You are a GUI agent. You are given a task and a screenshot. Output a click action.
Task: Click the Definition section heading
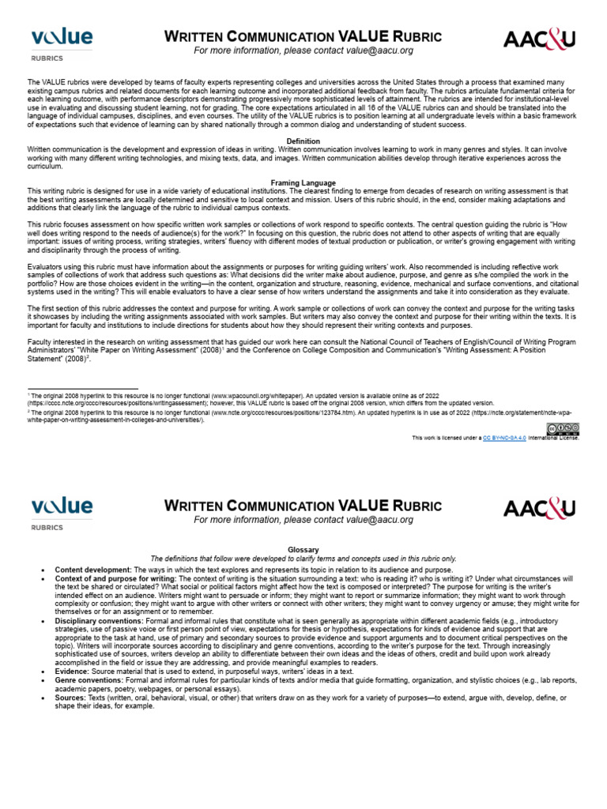tap(303, 141)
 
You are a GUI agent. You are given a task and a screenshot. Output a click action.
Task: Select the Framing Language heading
tap(303, 183)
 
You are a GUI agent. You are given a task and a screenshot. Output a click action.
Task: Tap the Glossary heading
tap(303, 549)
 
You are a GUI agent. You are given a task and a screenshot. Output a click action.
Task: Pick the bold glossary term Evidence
tap(71, 671)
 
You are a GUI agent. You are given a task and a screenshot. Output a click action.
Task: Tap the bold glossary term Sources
tap(70, 698)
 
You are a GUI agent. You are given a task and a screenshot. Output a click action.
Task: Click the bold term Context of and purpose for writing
tap(115, 579)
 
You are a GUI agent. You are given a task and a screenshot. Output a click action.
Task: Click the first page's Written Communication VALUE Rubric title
tap(303, 37)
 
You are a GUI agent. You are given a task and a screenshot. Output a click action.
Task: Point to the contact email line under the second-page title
tap(303, 520)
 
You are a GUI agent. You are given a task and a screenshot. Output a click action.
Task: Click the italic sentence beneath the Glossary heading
tap(303, 558)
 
